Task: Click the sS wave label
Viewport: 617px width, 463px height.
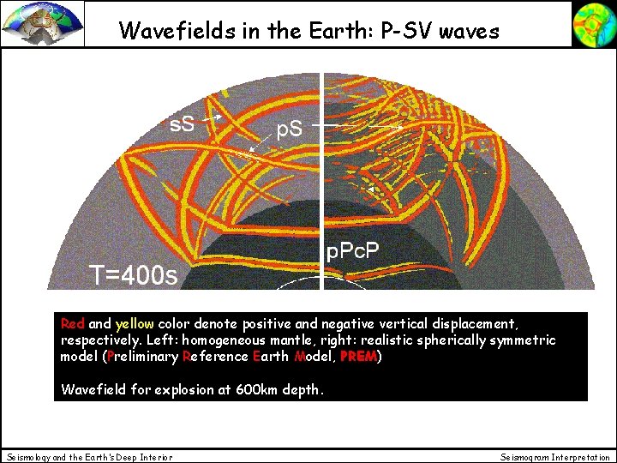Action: click(182, 123)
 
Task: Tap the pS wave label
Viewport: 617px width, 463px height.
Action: click(288, 129)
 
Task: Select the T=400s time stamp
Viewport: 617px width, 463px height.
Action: click(135, 275)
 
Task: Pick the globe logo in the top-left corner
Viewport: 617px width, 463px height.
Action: click(42, 23)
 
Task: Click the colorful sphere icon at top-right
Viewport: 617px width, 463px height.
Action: click(593, 23)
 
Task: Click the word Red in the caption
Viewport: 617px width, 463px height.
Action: click(73, 324)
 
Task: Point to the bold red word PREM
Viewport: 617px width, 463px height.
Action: click(356, 357)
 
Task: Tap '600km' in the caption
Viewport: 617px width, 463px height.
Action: click(250, 389)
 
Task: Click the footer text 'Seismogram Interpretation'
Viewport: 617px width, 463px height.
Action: click(555, 457)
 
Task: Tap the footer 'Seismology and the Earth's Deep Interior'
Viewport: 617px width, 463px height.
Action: click(89, 457)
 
